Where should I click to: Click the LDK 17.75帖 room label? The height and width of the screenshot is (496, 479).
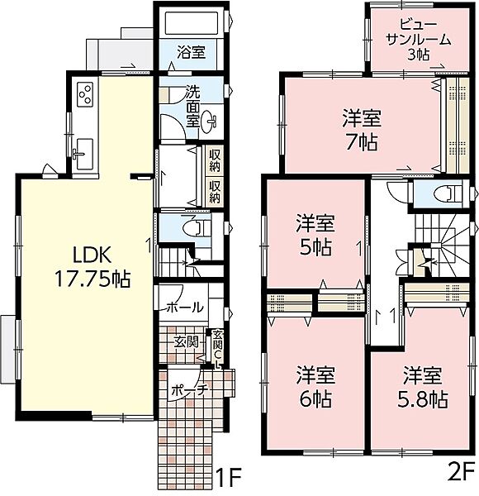pyautogui.click(x=92, y=267)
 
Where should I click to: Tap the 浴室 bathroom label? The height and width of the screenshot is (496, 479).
pyautogui.click(x=191, y=53)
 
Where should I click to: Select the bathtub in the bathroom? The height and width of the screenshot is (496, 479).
pyautogui.click(x=192, y=23)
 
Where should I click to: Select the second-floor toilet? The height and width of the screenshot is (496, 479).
pyautogui.click(x=447, y=193)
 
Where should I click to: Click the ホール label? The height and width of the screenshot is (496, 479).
pyautogui.click(x=185, y=308)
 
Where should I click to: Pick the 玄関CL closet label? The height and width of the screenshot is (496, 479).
pyautogui.click(x=218, y=350)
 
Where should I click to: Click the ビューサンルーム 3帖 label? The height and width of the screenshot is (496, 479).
pyautogui.click(x=419, y=39)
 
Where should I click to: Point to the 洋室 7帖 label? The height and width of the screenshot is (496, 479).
pyautogui.click(x=362, y=130)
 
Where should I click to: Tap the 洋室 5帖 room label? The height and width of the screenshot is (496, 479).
pyautogui.click(x=315, y=236)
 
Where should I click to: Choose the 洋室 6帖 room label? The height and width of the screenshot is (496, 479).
pyautogui.click(x=315, y=387)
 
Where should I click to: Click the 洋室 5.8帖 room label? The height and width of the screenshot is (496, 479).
pyautogui.click(x=422, y=387)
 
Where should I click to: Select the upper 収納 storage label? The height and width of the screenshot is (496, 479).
pyautogui.click(x=215, y=160)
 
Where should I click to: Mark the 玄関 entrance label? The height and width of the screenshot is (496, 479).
pyautogui.click(x=187, y=341)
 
